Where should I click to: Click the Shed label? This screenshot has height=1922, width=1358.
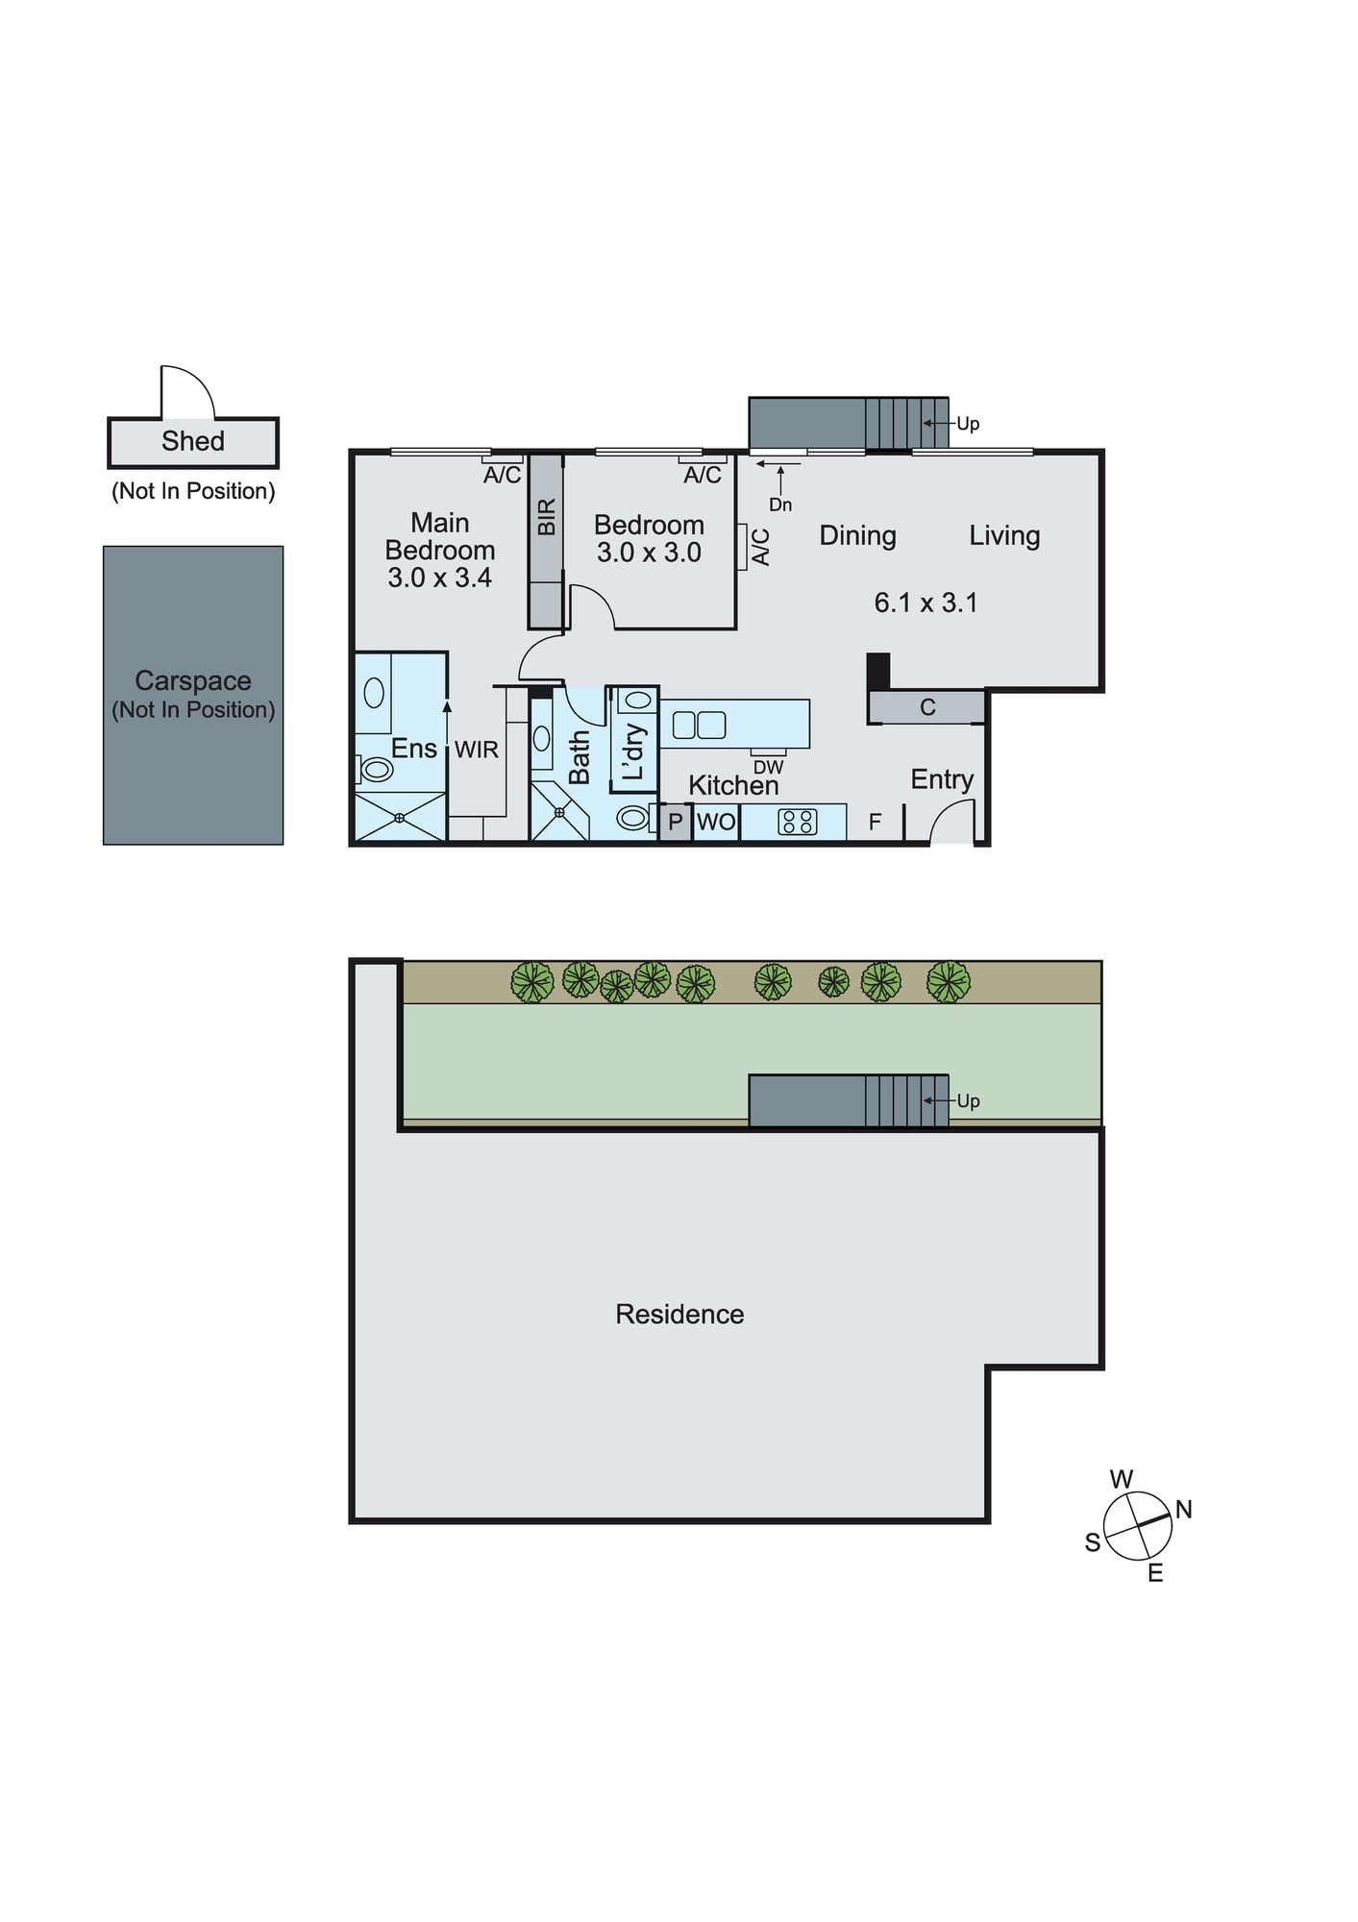point(192,441)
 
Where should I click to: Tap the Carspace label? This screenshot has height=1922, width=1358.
point(192,680)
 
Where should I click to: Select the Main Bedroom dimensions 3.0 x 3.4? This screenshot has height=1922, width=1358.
point(439,578)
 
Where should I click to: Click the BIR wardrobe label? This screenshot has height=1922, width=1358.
point(546,517)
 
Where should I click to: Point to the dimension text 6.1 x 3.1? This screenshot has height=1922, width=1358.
point(925,603)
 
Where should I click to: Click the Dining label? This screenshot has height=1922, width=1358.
point(857,535)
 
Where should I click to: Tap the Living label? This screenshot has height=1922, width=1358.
point(1003,535)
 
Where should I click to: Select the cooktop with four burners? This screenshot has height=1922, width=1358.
point(797,822)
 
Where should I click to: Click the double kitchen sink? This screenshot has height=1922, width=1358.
point(699,724)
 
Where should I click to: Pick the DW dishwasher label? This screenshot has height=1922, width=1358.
point(768,767)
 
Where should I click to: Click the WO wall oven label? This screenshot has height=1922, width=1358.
point(715,822)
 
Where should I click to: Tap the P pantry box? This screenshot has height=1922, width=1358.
point(675,823)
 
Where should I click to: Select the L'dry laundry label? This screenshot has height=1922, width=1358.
point(634,751)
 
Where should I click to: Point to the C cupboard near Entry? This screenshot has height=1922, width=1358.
point(926,707)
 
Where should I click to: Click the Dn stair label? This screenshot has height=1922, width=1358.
point(780,505)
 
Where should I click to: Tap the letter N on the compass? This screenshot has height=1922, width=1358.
point(1183,1509)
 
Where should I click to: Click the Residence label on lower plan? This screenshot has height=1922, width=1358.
point(679,1314)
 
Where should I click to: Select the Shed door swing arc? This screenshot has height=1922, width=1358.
point(188,390)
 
